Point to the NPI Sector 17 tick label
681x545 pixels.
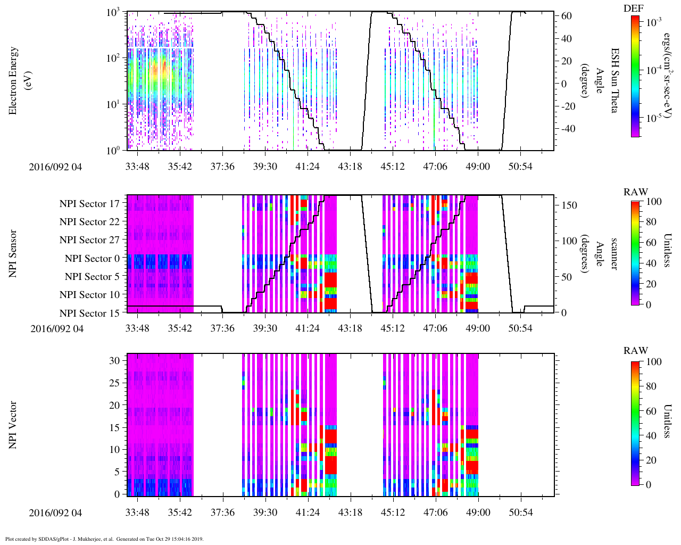point(89,203)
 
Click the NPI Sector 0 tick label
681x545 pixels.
point(92,259)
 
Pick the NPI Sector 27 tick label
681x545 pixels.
point(89,240)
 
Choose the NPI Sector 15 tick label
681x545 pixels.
point(89,313)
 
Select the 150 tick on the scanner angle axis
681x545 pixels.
point(570,205)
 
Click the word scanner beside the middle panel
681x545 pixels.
point(614,254)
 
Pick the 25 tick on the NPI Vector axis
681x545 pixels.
point(115,383)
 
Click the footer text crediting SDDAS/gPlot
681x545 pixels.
point(104,539)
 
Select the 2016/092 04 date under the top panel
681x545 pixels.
point(55,167)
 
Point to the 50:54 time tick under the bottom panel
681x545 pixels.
point(520,512)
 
